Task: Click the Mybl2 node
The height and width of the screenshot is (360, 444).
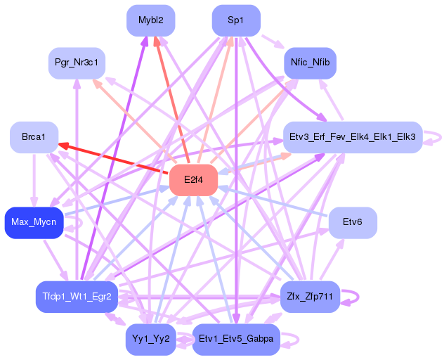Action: click(x=151, y=20)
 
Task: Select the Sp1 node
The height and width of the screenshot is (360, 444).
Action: click(x=236, y=20)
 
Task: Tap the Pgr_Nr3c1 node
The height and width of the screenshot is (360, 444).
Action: click(x=77, y=64)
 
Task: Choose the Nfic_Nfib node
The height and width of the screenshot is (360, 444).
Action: click(x=310, y=64)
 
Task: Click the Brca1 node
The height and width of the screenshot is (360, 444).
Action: click(x=34, y=136)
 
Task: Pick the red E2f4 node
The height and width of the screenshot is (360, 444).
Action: click(x=193, y=180)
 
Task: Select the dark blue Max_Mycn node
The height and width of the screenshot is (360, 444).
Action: click(x=34, y=223)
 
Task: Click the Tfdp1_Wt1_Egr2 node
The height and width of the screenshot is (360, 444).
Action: click(x=76, y=297)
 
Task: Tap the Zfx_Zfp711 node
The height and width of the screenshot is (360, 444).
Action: click(x=310, y=297)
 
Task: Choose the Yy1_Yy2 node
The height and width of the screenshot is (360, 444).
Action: click(x=150, y=340)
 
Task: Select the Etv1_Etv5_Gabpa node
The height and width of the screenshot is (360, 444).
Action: click(x=236, y=340)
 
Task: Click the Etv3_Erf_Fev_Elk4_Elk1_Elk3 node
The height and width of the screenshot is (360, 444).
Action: click(x=352, y=136)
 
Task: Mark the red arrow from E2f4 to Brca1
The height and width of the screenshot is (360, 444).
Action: click(x=112, y=157)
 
